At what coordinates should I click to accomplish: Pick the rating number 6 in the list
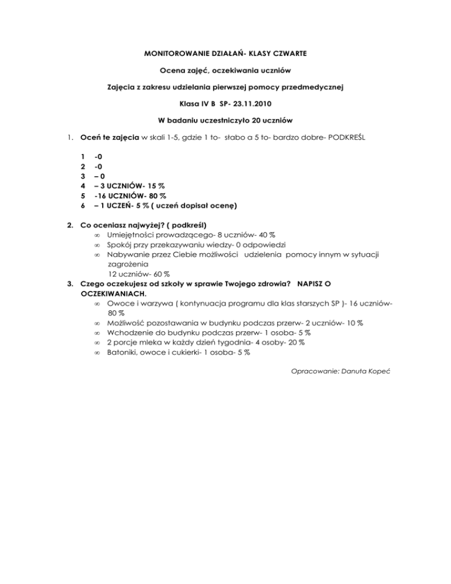click(83, 205)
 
